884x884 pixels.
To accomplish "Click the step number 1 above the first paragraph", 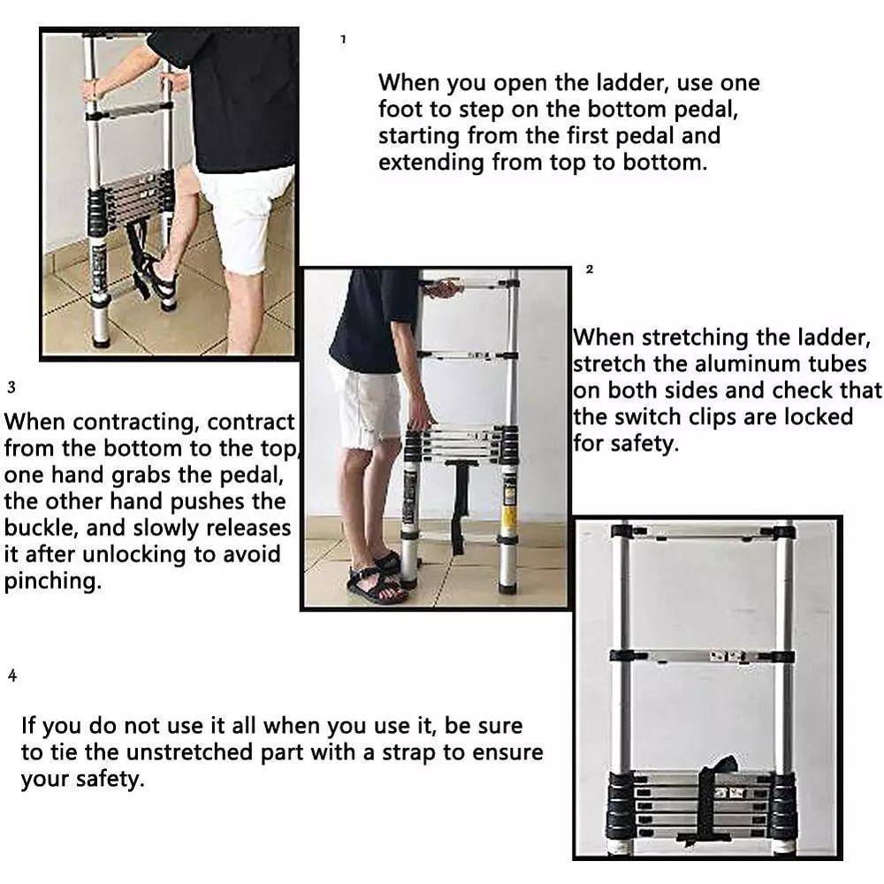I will tap(343, 40).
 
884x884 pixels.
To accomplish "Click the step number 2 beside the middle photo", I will tap(590, 270).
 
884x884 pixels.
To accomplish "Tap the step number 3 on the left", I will tap(11, 387).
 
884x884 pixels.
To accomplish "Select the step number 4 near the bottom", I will tap(12, 676).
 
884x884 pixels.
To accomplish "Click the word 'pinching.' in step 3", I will tap(51, 582).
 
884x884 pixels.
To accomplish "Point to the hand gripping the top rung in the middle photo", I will tap(443, 288).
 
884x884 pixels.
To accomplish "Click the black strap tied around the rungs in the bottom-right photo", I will tap(715, 800).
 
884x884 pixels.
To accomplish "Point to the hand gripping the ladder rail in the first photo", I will tap(92, 88).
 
